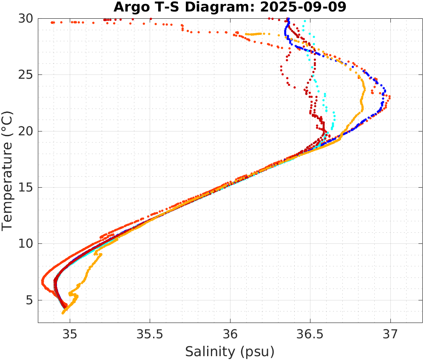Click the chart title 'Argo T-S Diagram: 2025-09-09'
point(230,7)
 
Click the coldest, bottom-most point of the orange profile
point(63,313)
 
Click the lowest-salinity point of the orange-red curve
point(43,282)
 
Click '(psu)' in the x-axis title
point(256,351)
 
